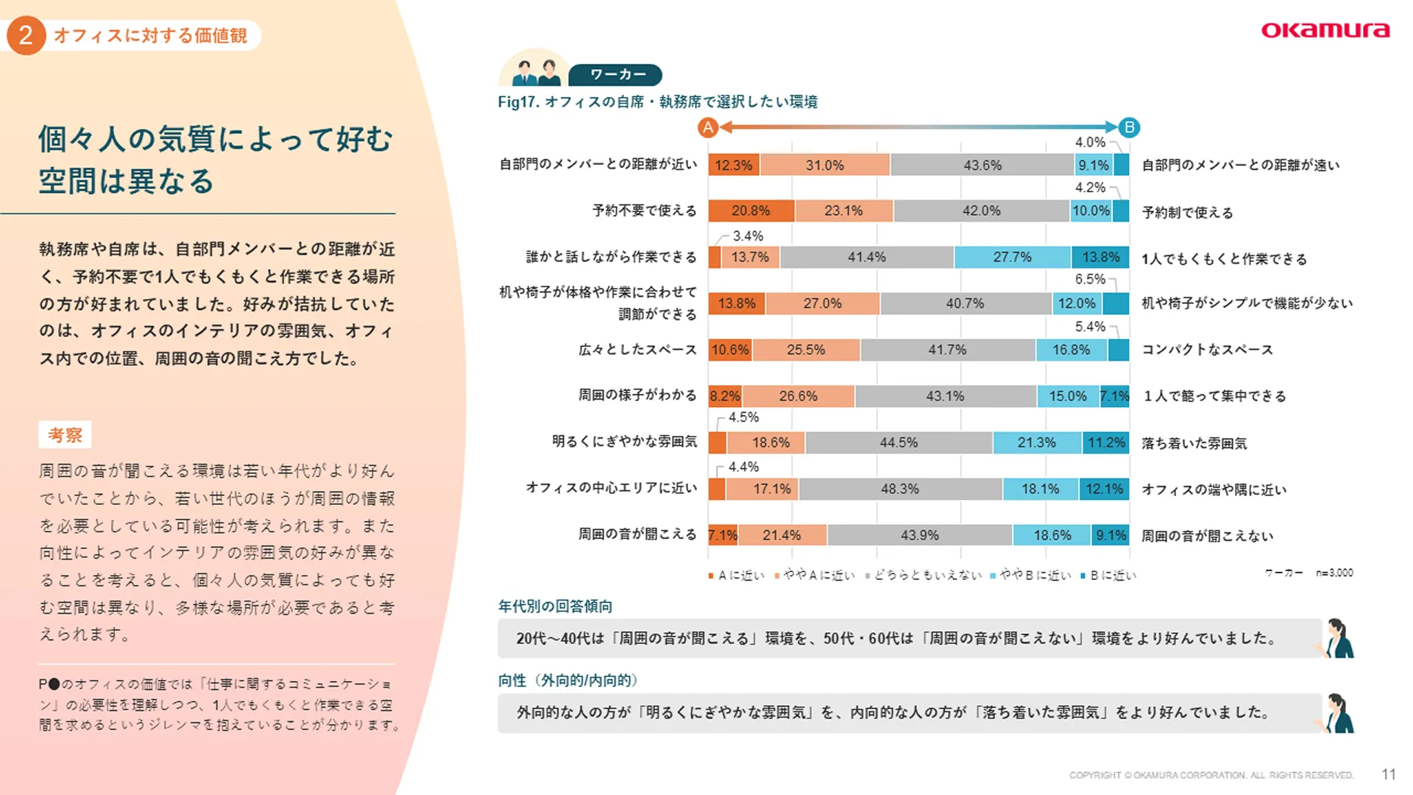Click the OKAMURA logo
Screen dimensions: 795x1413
[x=1325, y=30]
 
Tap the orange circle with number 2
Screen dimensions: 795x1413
[x=26, y=35]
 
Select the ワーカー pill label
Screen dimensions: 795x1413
[x=617, y=74]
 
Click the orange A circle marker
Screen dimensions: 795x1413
[x=708, y=128]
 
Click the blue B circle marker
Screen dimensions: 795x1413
[x=1129, y=128]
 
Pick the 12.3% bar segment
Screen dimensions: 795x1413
[x=734, y=165]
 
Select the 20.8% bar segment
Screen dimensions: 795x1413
[x=751, y=211]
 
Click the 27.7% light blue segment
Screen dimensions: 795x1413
[x=1012, y=257]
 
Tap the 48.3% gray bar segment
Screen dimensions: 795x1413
[x=900, y=489]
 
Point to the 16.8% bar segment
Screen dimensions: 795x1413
[x=1071, y=350]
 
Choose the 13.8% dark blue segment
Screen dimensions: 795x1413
[x=1100, y=257]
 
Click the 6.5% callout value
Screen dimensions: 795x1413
[x=1090, y=279]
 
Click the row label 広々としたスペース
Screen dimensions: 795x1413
[x=637, y=350]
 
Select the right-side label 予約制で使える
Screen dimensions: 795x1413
[x=1187, y=213]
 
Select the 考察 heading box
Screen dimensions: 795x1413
[x=65, y=435]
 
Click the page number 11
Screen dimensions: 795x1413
[x=1389, y=774]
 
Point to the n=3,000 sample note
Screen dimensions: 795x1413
[x=1334, y=573]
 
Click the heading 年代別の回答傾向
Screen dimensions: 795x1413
[x=555, y=607]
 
